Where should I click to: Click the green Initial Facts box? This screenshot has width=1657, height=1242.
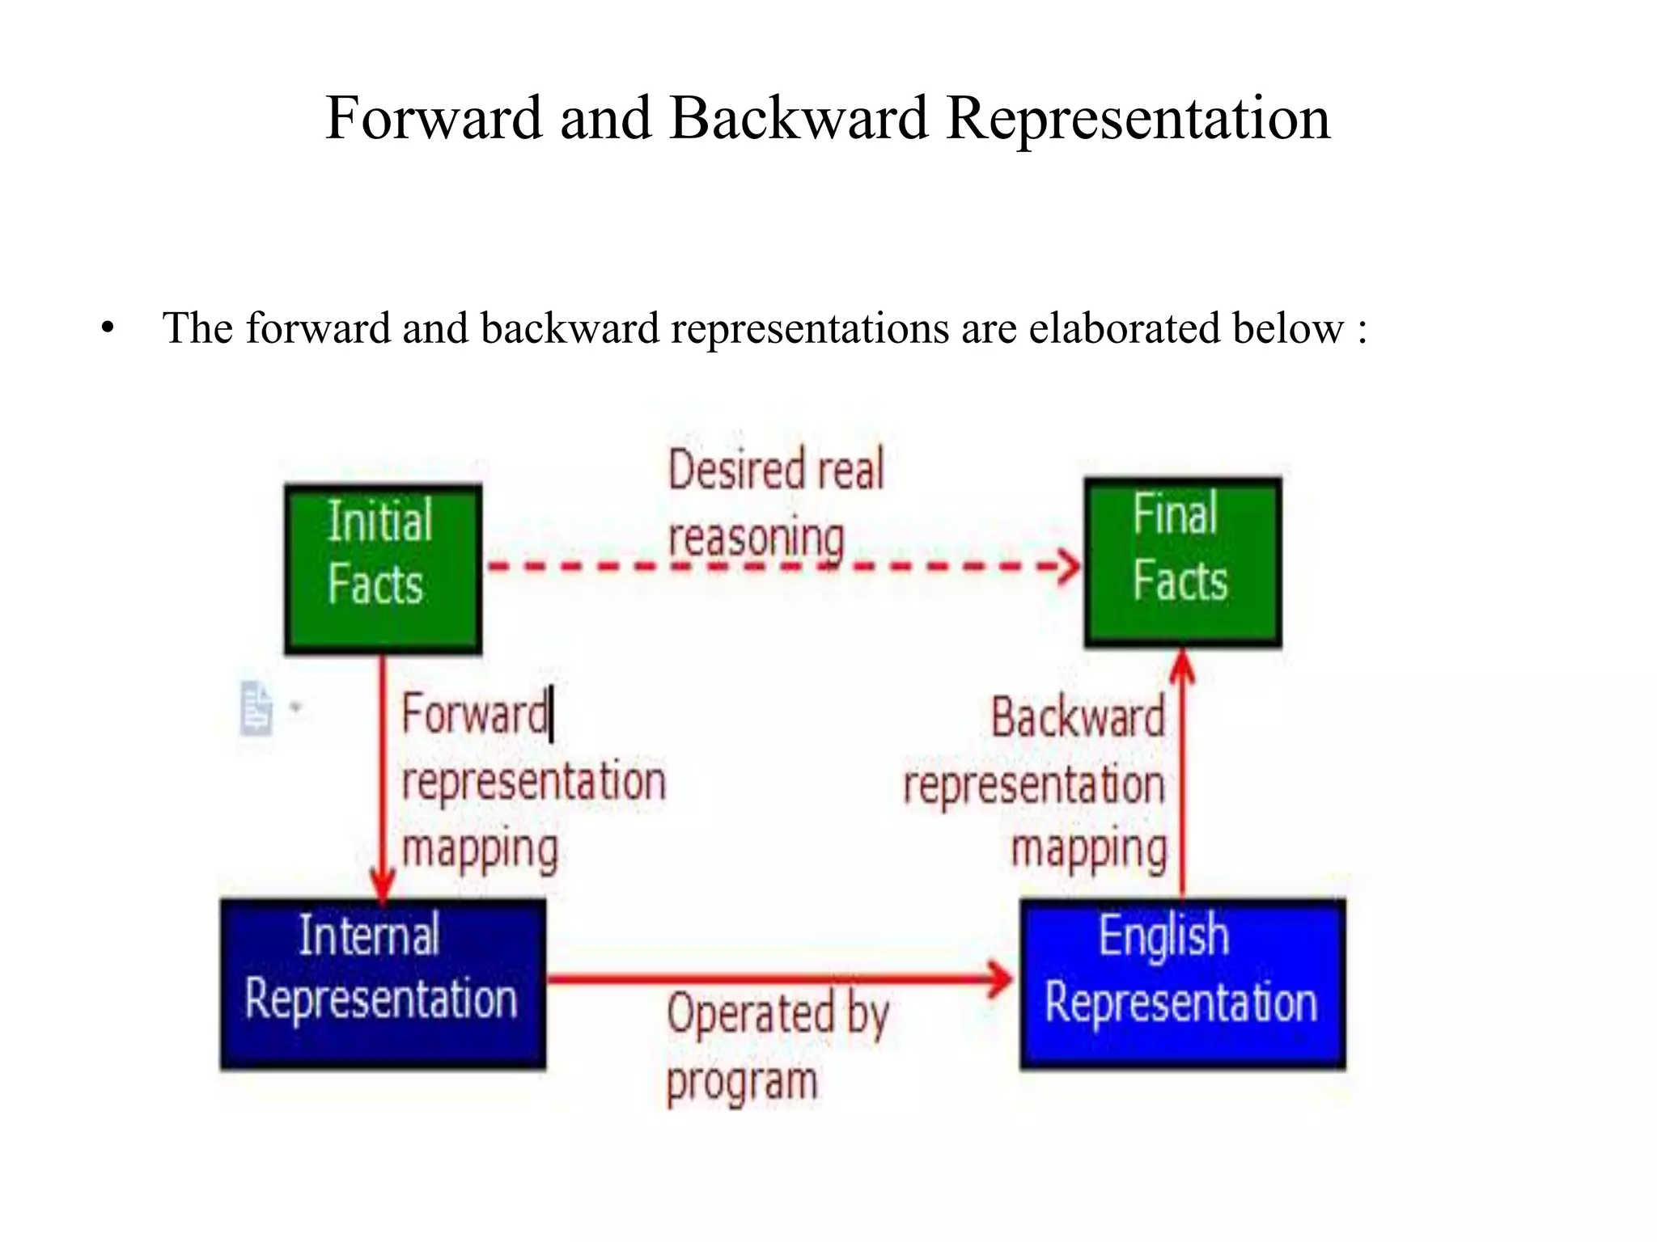pyautogui.click(x=383, y=568)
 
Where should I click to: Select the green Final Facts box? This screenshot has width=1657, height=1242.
pyautogui.click(x=1182, y=562)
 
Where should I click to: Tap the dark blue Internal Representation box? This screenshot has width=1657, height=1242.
pyautogui.click(x=383, y=983)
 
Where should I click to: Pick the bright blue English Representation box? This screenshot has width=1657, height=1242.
pyautogui.click(x=1182, y=983)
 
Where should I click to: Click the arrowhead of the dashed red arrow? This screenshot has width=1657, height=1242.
pyautogui.click(x=1070, y=565)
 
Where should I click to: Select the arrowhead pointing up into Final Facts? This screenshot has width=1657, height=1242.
pyautogui.click(x=1183, y=665)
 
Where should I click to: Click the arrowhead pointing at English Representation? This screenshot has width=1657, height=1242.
pyautogui.click(x=1000, y=979)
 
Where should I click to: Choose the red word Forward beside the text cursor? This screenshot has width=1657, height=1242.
pyautogui.click(x=474, y=716)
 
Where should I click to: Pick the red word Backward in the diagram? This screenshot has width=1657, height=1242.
pyautogui.click(x=1078, y=718)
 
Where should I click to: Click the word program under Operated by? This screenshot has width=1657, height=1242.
pyautogui.click(x=741, y=1083)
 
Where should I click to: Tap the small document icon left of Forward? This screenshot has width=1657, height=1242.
pyautogui.click(x=256, y=708)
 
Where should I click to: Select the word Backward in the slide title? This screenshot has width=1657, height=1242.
pyautogui.click(x=798, y=118)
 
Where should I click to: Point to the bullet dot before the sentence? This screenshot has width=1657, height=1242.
pyautogui.click(x=108, y=329)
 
